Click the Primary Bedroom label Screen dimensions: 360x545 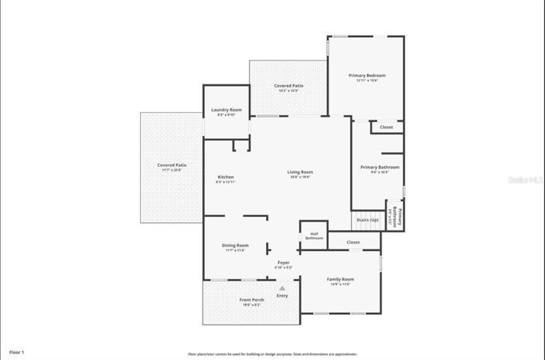[366, 76]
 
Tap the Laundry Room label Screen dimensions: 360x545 [227, 110]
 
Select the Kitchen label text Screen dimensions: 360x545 [225, 177]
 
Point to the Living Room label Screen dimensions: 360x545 [300, 172]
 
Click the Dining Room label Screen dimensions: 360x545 [236, 246]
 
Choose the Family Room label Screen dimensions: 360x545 [340, 279]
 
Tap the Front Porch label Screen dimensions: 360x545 [251, 300]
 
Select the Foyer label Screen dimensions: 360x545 [284, 263]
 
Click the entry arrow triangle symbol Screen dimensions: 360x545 [282, 288]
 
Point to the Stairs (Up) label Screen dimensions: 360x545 [368, 219]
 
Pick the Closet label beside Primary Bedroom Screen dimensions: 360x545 [386, 127]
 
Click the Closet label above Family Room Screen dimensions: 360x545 [353, 242]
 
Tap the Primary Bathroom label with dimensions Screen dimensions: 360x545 [380, 168]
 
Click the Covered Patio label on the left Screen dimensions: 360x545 [172, 165]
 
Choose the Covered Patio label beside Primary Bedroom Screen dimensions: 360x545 [288, 86]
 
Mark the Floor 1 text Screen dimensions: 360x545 [17, 352]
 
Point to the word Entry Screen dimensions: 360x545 [282, 295]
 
